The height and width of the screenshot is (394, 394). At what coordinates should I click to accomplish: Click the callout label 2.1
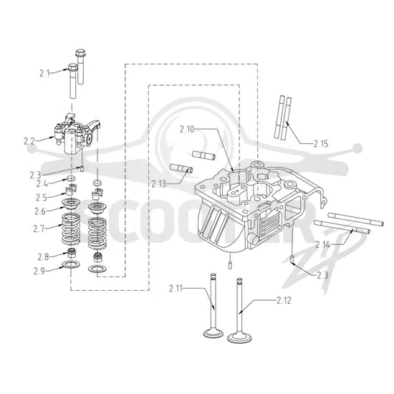(x=44, y=73)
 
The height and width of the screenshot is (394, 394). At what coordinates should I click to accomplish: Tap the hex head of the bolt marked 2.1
(x=72, y=67)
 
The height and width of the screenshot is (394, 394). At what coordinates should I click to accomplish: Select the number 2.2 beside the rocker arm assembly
(x=29, y=141)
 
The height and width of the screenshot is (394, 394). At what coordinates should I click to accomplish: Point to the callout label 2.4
(x=42, y=183)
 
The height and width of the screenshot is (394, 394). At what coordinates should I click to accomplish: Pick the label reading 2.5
(x=42, y=198)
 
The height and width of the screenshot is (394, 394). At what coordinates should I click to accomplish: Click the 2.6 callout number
(x=40, y=211)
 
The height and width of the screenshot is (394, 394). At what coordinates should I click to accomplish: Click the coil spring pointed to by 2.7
(x=71, y=229)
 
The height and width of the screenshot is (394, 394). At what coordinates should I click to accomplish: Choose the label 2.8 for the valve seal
(x=43, y=257)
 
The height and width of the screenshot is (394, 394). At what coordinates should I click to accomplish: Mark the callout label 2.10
(x=187, y=130)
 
